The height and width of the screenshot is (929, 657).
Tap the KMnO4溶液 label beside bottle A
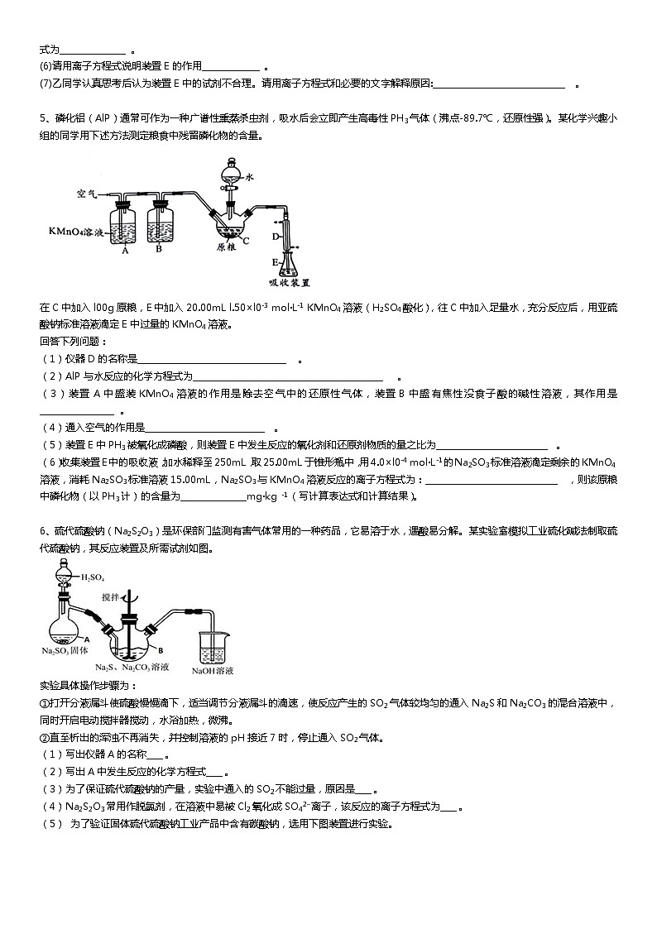coord(72,233)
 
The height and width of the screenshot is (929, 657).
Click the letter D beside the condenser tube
coord(276,237)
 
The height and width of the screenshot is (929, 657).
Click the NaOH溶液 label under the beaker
coord(213,670)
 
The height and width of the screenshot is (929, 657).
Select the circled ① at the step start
coord(44,703)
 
